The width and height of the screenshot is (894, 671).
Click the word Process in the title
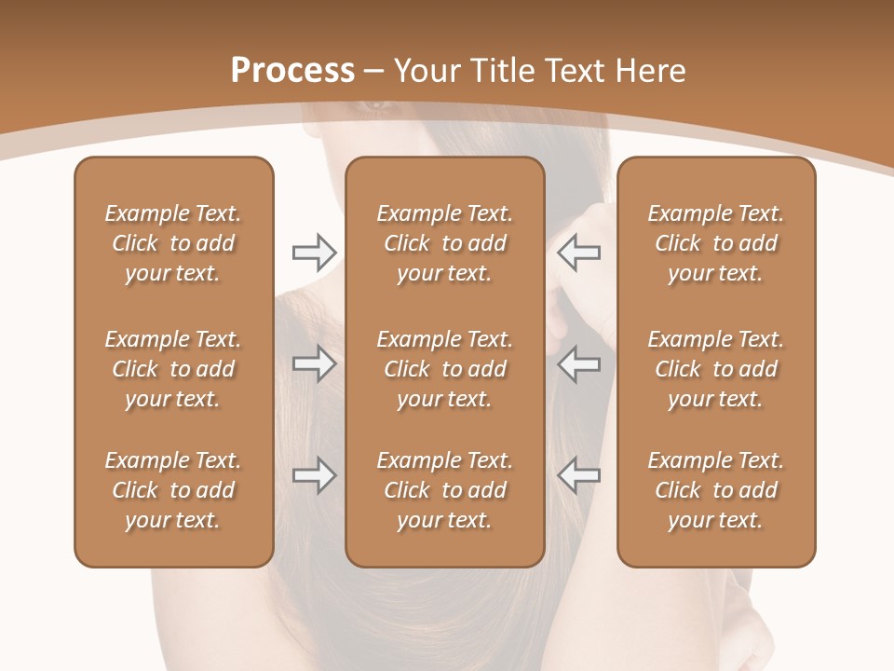[x=292, y=71]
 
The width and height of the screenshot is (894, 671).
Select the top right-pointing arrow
[x=314, y=252]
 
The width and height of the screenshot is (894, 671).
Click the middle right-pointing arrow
[x=314, y=363]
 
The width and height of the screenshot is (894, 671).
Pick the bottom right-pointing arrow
[x=314, y=475]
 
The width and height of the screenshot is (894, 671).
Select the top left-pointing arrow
[x=578, y=252]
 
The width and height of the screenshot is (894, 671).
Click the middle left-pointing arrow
[x=578, y=363]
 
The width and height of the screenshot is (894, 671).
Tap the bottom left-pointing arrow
[x=578, y=475]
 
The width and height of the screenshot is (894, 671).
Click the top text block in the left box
[x=173, y=243]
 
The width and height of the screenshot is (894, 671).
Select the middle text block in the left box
[x=173, y=369]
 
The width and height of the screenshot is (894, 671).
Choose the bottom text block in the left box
[x=173, y=490]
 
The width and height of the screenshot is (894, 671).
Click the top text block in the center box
[x=444, y=243]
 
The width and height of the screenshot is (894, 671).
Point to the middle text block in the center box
[x=444, y=369]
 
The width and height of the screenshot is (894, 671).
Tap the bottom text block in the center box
[x=444, y=490]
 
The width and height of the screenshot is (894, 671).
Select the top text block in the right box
[x=715, y=243]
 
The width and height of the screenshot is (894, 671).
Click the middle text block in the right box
[x=715, y=369]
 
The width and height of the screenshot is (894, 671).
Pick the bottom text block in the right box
[x=715, y=490]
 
